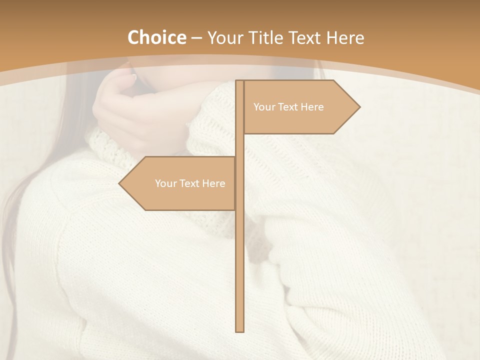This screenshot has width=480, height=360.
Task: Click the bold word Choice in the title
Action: click(156, 37)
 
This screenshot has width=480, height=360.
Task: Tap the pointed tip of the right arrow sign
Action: click(358, 106)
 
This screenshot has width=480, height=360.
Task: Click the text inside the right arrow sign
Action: click(288, 107)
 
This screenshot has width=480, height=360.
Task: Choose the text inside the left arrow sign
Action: click(190, 183)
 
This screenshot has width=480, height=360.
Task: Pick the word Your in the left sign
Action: click(165, 183)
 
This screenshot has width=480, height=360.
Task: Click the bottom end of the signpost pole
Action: click(239, 330)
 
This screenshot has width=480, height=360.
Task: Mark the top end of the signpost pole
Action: click(239, 82)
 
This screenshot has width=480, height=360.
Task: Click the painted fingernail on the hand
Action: click(133, 77)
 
